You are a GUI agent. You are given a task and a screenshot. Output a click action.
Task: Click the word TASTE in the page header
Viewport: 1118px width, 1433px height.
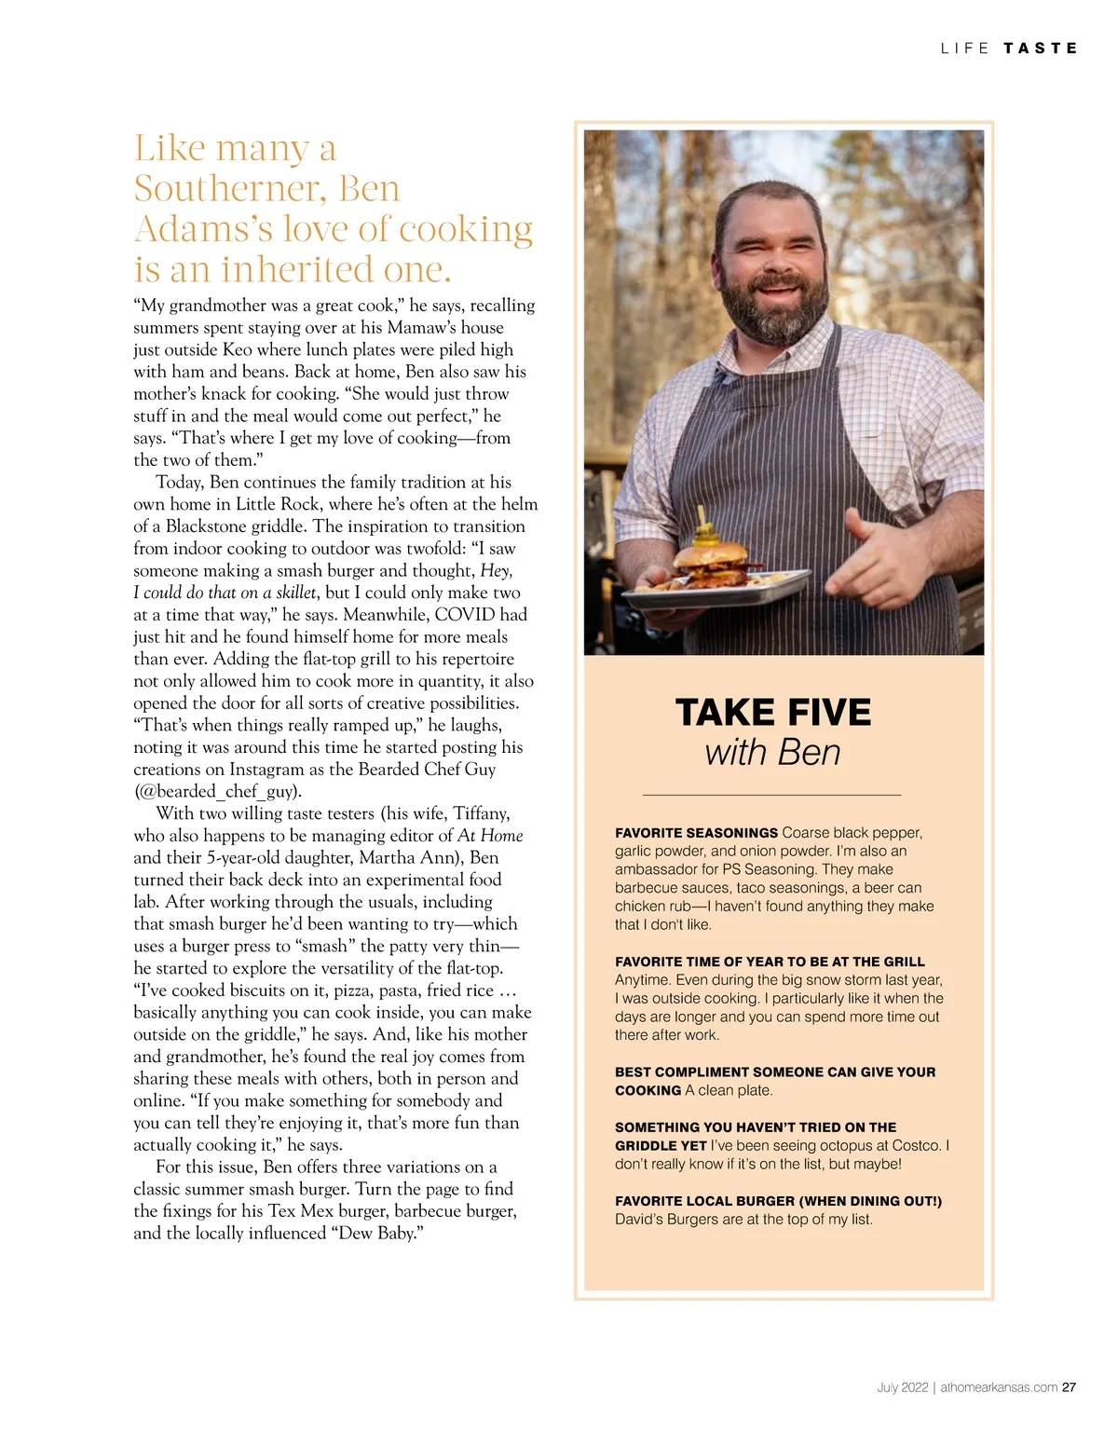1040,48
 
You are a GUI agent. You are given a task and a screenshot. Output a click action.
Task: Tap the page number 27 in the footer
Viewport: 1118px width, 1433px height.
1070,1386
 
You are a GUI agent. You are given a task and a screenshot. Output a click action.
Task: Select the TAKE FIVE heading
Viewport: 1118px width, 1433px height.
772,713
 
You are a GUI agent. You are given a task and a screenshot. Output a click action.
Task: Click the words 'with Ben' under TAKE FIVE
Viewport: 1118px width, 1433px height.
772,752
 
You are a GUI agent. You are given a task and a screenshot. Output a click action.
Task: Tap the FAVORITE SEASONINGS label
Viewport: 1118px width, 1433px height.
696,833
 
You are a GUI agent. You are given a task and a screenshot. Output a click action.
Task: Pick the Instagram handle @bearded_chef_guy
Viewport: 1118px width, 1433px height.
218,792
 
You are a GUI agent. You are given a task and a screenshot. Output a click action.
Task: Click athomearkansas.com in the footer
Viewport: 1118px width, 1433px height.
998,1386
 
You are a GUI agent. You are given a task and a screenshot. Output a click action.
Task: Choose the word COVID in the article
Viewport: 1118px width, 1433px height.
466,615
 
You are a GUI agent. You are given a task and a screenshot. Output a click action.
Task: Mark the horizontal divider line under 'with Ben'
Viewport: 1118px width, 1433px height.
772,795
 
